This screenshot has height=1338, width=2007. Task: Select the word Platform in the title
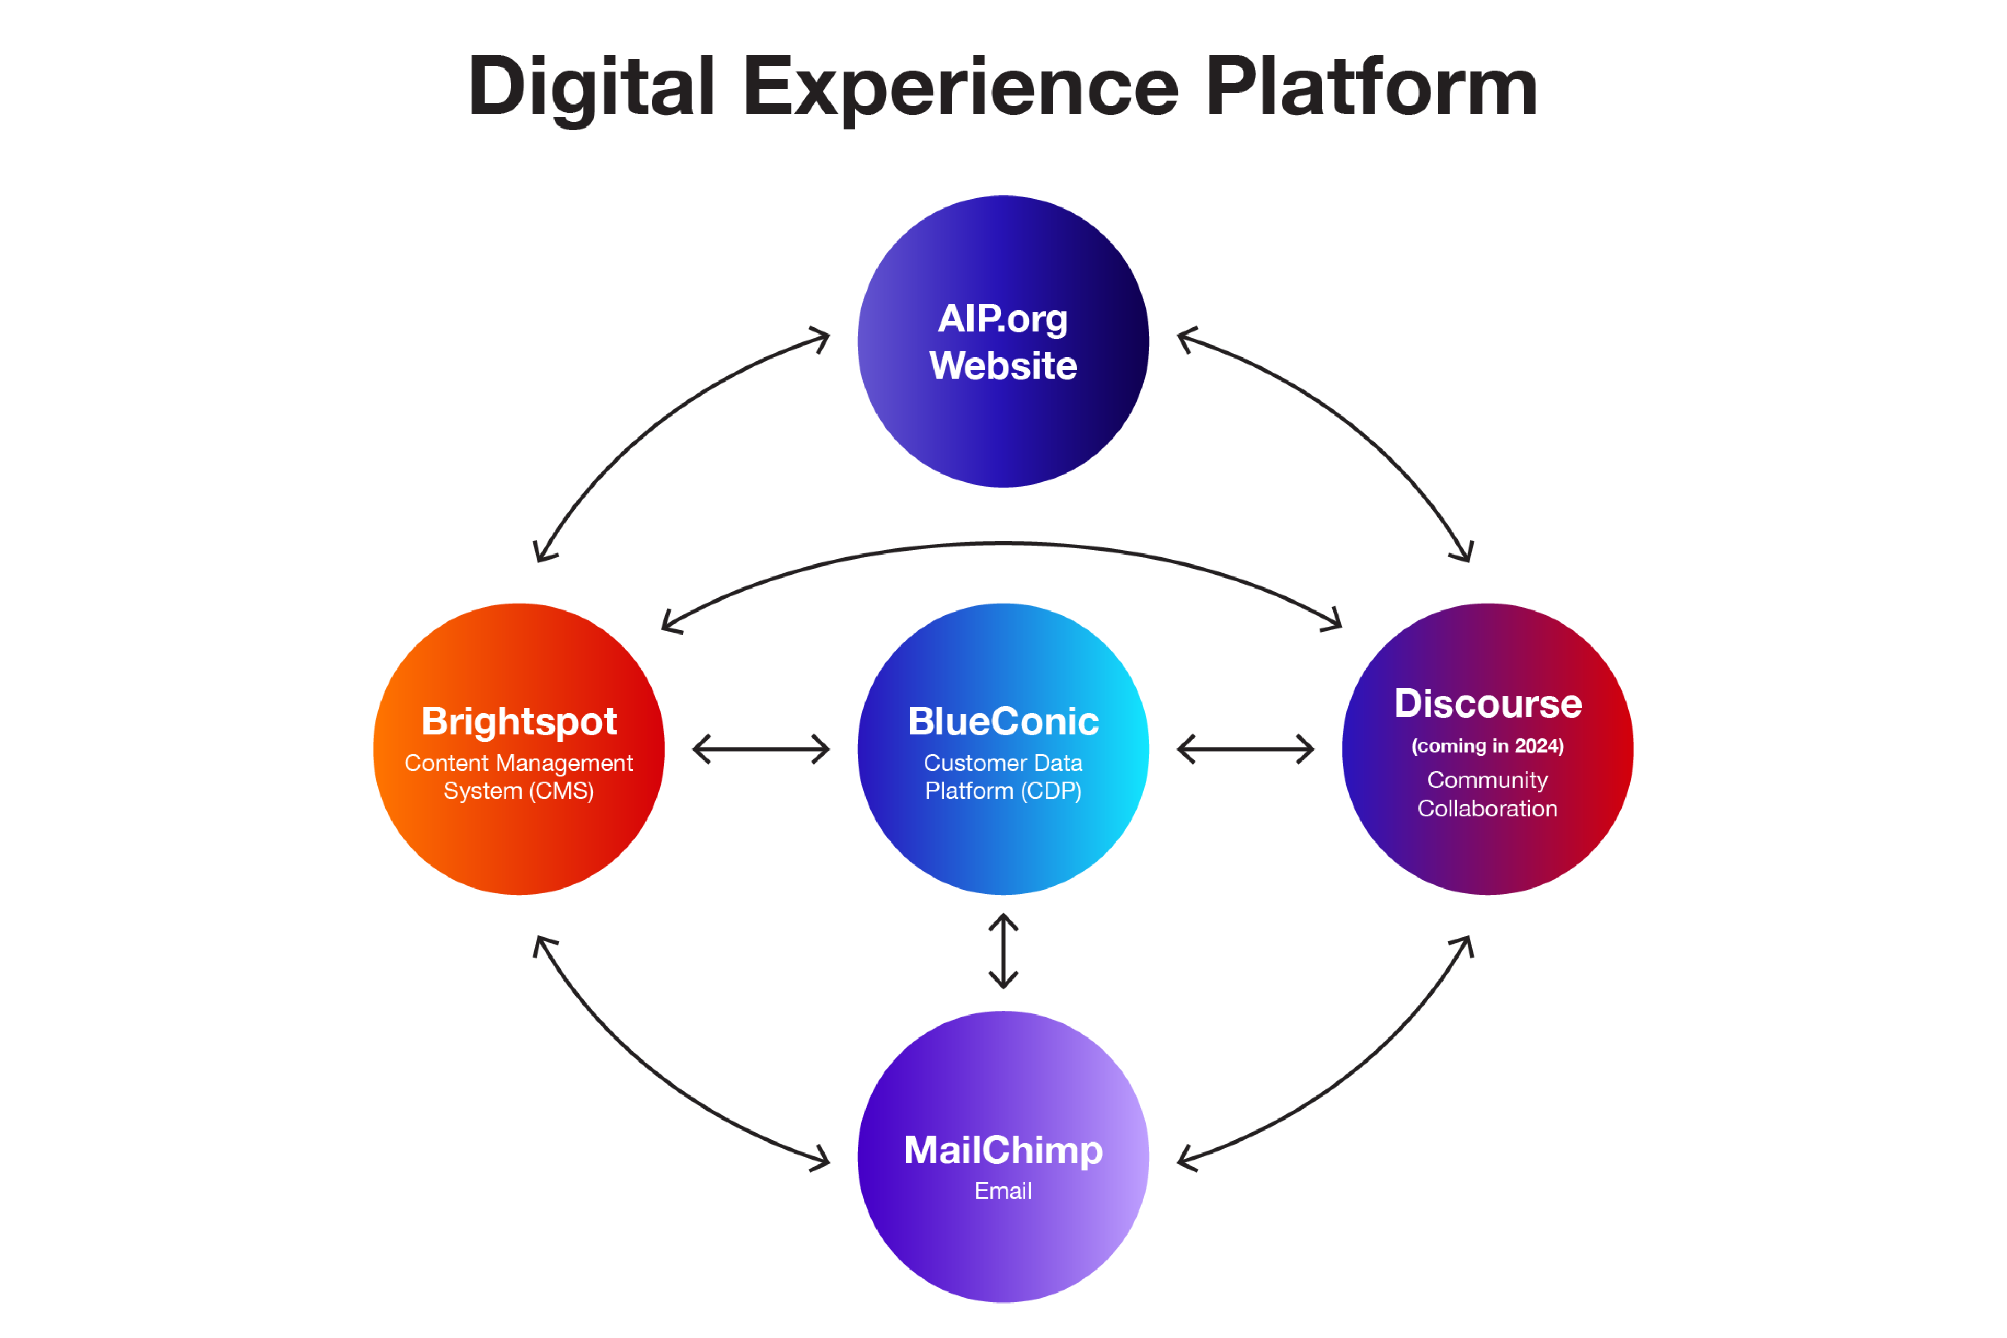coord(1371,87)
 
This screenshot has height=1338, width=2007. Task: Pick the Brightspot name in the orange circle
coord(519,722)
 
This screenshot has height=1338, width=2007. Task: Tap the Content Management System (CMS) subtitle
coord(519,777)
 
